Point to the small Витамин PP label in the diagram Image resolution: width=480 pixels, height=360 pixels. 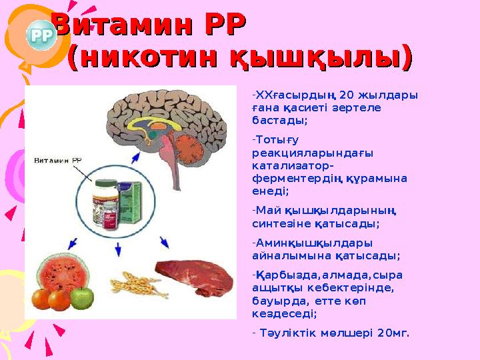coord(58,161)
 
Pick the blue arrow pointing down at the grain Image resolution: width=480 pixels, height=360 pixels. coord(118,249)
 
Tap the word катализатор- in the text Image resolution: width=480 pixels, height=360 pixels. coord(293,165)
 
